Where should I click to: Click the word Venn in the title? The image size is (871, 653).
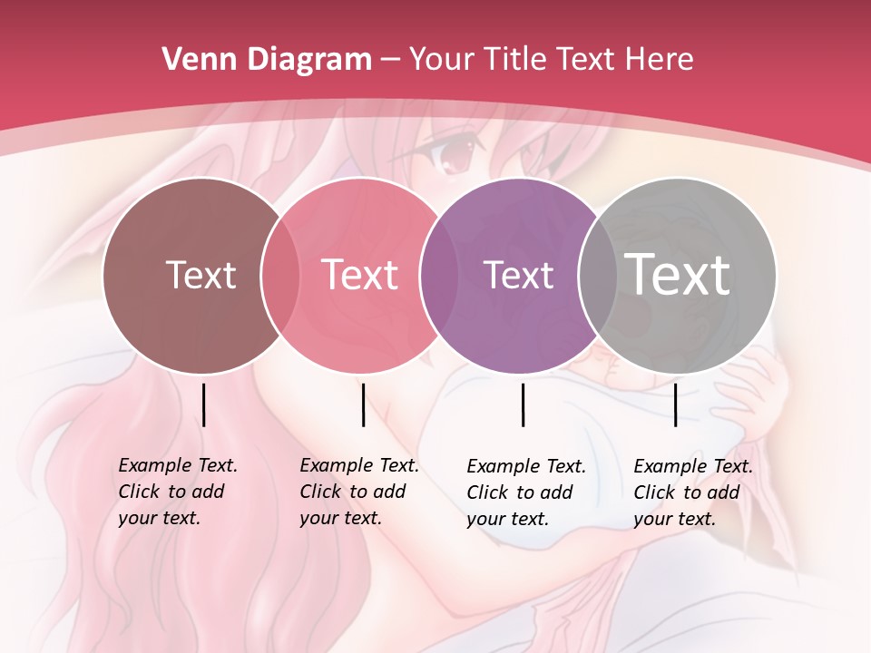[191, 60]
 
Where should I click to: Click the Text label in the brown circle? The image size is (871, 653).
[201, 275]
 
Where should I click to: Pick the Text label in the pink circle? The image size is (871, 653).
[359, 275]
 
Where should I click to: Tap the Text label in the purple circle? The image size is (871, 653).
[518, 275]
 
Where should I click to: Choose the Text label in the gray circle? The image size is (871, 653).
[678, 275]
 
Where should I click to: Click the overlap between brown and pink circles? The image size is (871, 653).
[280, 276]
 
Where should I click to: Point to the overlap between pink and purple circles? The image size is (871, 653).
[440, 276]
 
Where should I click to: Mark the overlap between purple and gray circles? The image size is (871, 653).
[597, 276]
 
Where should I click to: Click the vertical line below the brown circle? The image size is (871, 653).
[204, 404]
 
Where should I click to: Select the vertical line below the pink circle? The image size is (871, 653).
[363, 404]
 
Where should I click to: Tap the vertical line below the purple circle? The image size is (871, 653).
[524, 404]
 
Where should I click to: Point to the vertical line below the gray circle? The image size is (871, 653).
[675, 404]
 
